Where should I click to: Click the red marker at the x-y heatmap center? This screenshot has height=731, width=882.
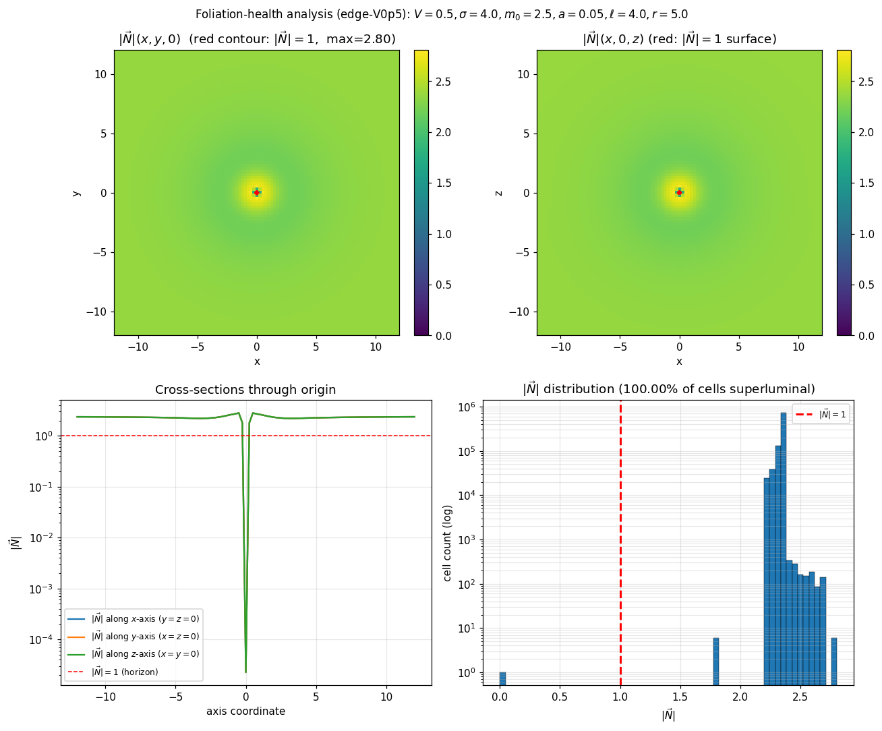pyautogui.click(x=256, y=192)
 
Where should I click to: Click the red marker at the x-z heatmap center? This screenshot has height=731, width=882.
pyautogui.click(x=679, y=192)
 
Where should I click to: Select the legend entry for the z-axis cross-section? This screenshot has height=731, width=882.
pyautogui.click(x=145, y=654)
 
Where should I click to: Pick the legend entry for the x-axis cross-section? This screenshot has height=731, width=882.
pyautogui.click(x=145, y=619)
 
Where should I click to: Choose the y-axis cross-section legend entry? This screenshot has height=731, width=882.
pyautogui.click(x=145, y=637)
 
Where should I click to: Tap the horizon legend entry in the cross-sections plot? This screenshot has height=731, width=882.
pyautogui.click(x=125, y=672)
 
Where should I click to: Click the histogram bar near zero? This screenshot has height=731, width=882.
pyautogui.click(x=502, y=678)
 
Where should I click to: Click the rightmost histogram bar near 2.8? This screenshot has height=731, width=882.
pyautogui.click(x=834, y=661)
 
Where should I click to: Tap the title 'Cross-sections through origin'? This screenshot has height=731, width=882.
pyautogui.click(x=245, y=390)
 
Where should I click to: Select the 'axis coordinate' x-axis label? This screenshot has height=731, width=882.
pyautogui.click(x=245, y=711)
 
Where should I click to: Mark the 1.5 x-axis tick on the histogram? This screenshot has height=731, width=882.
pyautogui.click(x=680, y=696)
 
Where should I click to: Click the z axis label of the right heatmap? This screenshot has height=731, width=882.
pyautogui.click(x=499, y=193)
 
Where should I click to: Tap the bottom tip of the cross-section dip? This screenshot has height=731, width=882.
pyautogui.click(x=245, y=672)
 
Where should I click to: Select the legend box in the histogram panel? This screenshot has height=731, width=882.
pyautogui.click(x=821, y=414)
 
